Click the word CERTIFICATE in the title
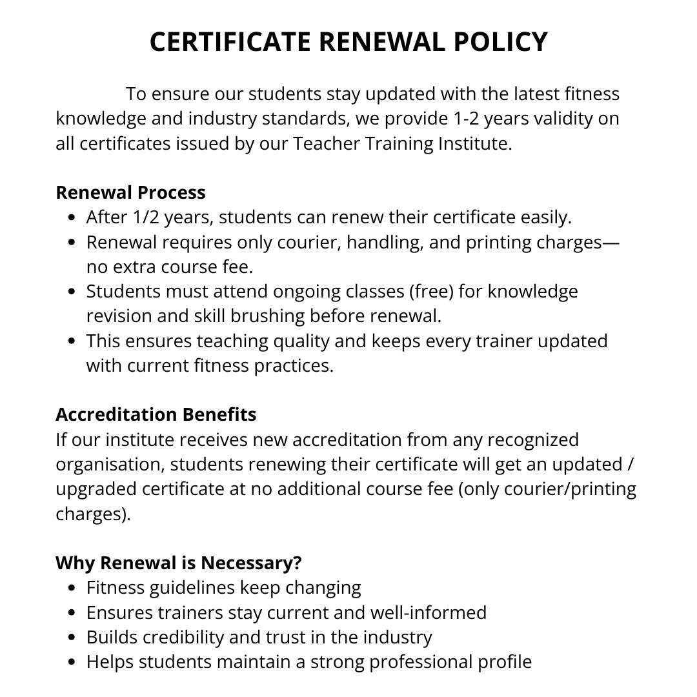tap(229, 43)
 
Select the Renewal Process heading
tap(130, 192)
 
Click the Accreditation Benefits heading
tap(156, 414)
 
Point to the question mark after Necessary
tap(297, 563)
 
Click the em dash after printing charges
tap(611, 242)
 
